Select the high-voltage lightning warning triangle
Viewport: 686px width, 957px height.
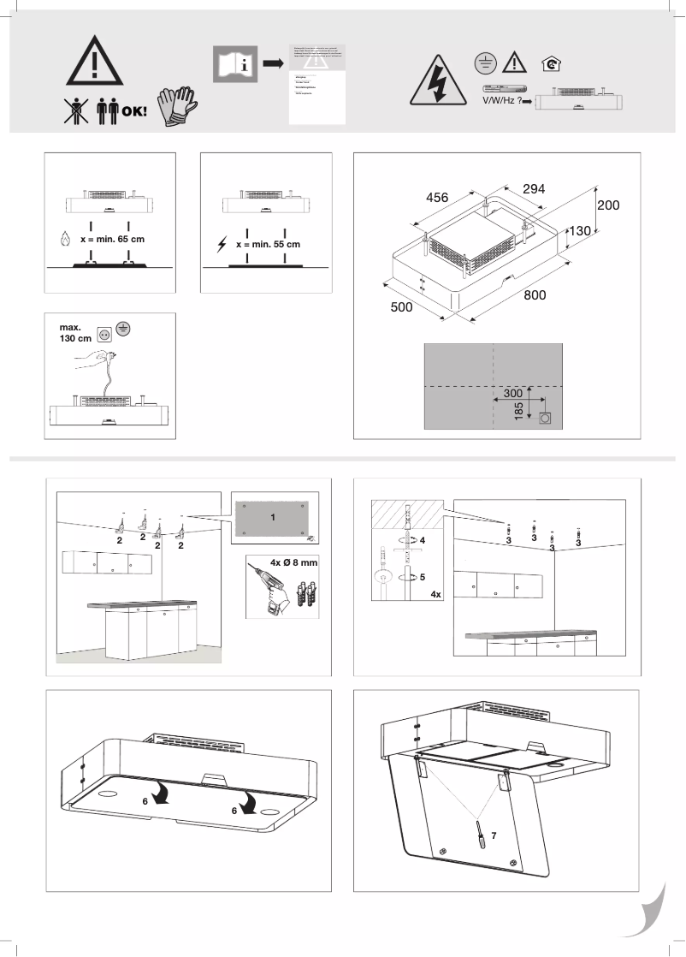(435, 80)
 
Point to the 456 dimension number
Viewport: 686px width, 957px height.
(437, 198)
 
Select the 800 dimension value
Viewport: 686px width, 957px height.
(535, 295)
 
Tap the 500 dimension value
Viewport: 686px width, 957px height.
(402, 306)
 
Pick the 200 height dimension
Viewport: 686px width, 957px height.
(608, 205)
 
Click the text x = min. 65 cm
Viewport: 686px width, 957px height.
(112, 240)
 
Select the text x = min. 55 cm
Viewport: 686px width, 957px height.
(268, 244)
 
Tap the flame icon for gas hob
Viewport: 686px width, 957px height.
(66, 241)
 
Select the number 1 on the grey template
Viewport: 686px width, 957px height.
(272, 519)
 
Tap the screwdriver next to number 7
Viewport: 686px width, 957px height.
(482, 833)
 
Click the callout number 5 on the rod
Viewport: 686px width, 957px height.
(422, 576)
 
